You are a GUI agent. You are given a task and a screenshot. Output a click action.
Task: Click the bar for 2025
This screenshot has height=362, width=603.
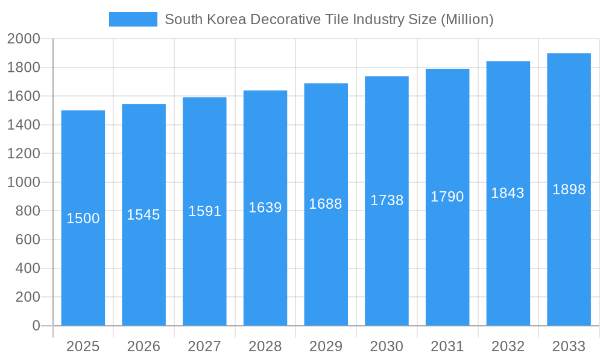pos(83,271)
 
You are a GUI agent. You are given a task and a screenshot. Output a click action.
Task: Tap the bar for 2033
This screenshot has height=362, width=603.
pos(569,253)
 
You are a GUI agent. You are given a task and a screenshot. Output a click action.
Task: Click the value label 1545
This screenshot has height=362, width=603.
pos(144,215)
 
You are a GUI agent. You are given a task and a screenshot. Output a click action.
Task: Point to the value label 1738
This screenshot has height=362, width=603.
pos(387,200)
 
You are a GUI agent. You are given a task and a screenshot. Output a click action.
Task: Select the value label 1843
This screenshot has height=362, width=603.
pos(508,193)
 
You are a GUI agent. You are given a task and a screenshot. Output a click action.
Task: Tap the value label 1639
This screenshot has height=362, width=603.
pos(265,208)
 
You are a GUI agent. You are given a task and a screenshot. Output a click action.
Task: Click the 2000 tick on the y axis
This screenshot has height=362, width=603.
pos(24,39)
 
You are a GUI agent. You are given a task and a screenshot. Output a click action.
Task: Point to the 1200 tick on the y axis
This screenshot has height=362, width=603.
pos(24,154)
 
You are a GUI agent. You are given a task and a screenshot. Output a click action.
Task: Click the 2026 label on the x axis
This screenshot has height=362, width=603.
pos(144,346)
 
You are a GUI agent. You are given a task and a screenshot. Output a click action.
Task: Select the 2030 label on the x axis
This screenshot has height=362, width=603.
pos(387,346)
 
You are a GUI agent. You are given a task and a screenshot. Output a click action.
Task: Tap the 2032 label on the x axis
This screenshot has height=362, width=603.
pos(508,346)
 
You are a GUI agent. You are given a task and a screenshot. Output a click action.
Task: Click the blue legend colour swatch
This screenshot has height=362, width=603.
pos(133,19)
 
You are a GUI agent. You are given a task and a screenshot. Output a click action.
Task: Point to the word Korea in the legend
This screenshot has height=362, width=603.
pos(226,19)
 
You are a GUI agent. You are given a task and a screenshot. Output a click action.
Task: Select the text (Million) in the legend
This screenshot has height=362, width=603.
pos(467,19)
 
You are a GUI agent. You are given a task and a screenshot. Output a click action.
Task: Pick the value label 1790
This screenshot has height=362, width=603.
pos(447,197)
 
